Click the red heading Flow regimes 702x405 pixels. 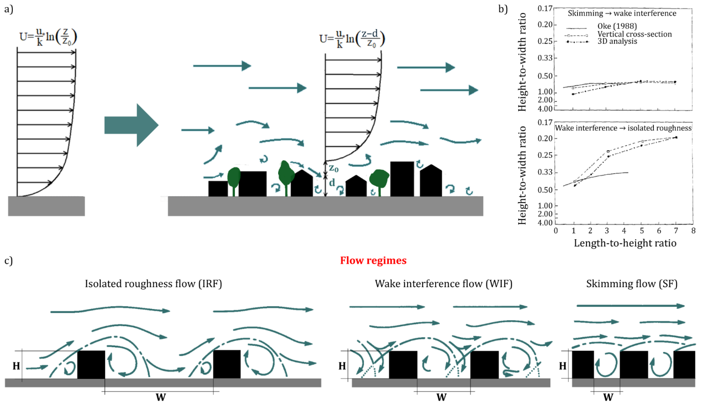tap(373, 261)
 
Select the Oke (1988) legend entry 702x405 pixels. tap(617, 26)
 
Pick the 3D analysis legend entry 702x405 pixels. tap(617, 41)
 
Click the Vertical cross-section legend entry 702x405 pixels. tap(634, 34)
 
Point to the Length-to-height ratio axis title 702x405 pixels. tap(625, 243)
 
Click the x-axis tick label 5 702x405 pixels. tap(642, 231)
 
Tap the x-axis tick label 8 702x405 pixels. tap(693, 231)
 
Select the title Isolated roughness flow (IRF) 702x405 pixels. tap(153, 284)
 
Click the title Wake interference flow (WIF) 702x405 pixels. tap(443, 284)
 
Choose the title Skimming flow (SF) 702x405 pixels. tap(632, 284)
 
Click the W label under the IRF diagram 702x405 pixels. tap(161, 397)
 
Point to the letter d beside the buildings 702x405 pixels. tap(332, 183)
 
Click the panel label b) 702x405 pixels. tap(503, 9)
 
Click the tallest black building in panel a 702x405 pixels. tap(402, 179)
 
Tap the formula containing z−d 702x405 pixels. tap(352, 39)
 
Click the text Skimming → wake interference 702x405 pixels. tap(622, 13)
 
